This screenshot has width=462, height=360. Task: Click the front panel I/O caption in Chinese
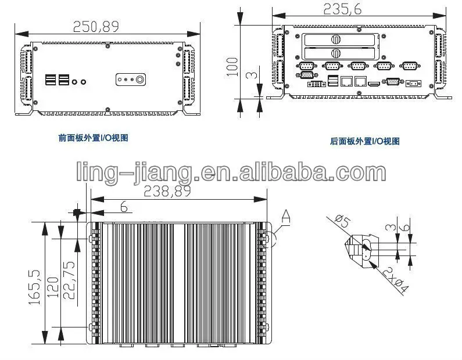[93, 138]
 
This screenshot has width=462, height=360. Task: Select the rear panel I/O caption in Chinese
[365, 141]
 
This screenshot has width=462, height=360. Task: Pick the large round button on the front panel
[139, 79]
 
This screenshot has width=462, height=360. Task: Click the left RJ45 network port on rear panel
[346, 82]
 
